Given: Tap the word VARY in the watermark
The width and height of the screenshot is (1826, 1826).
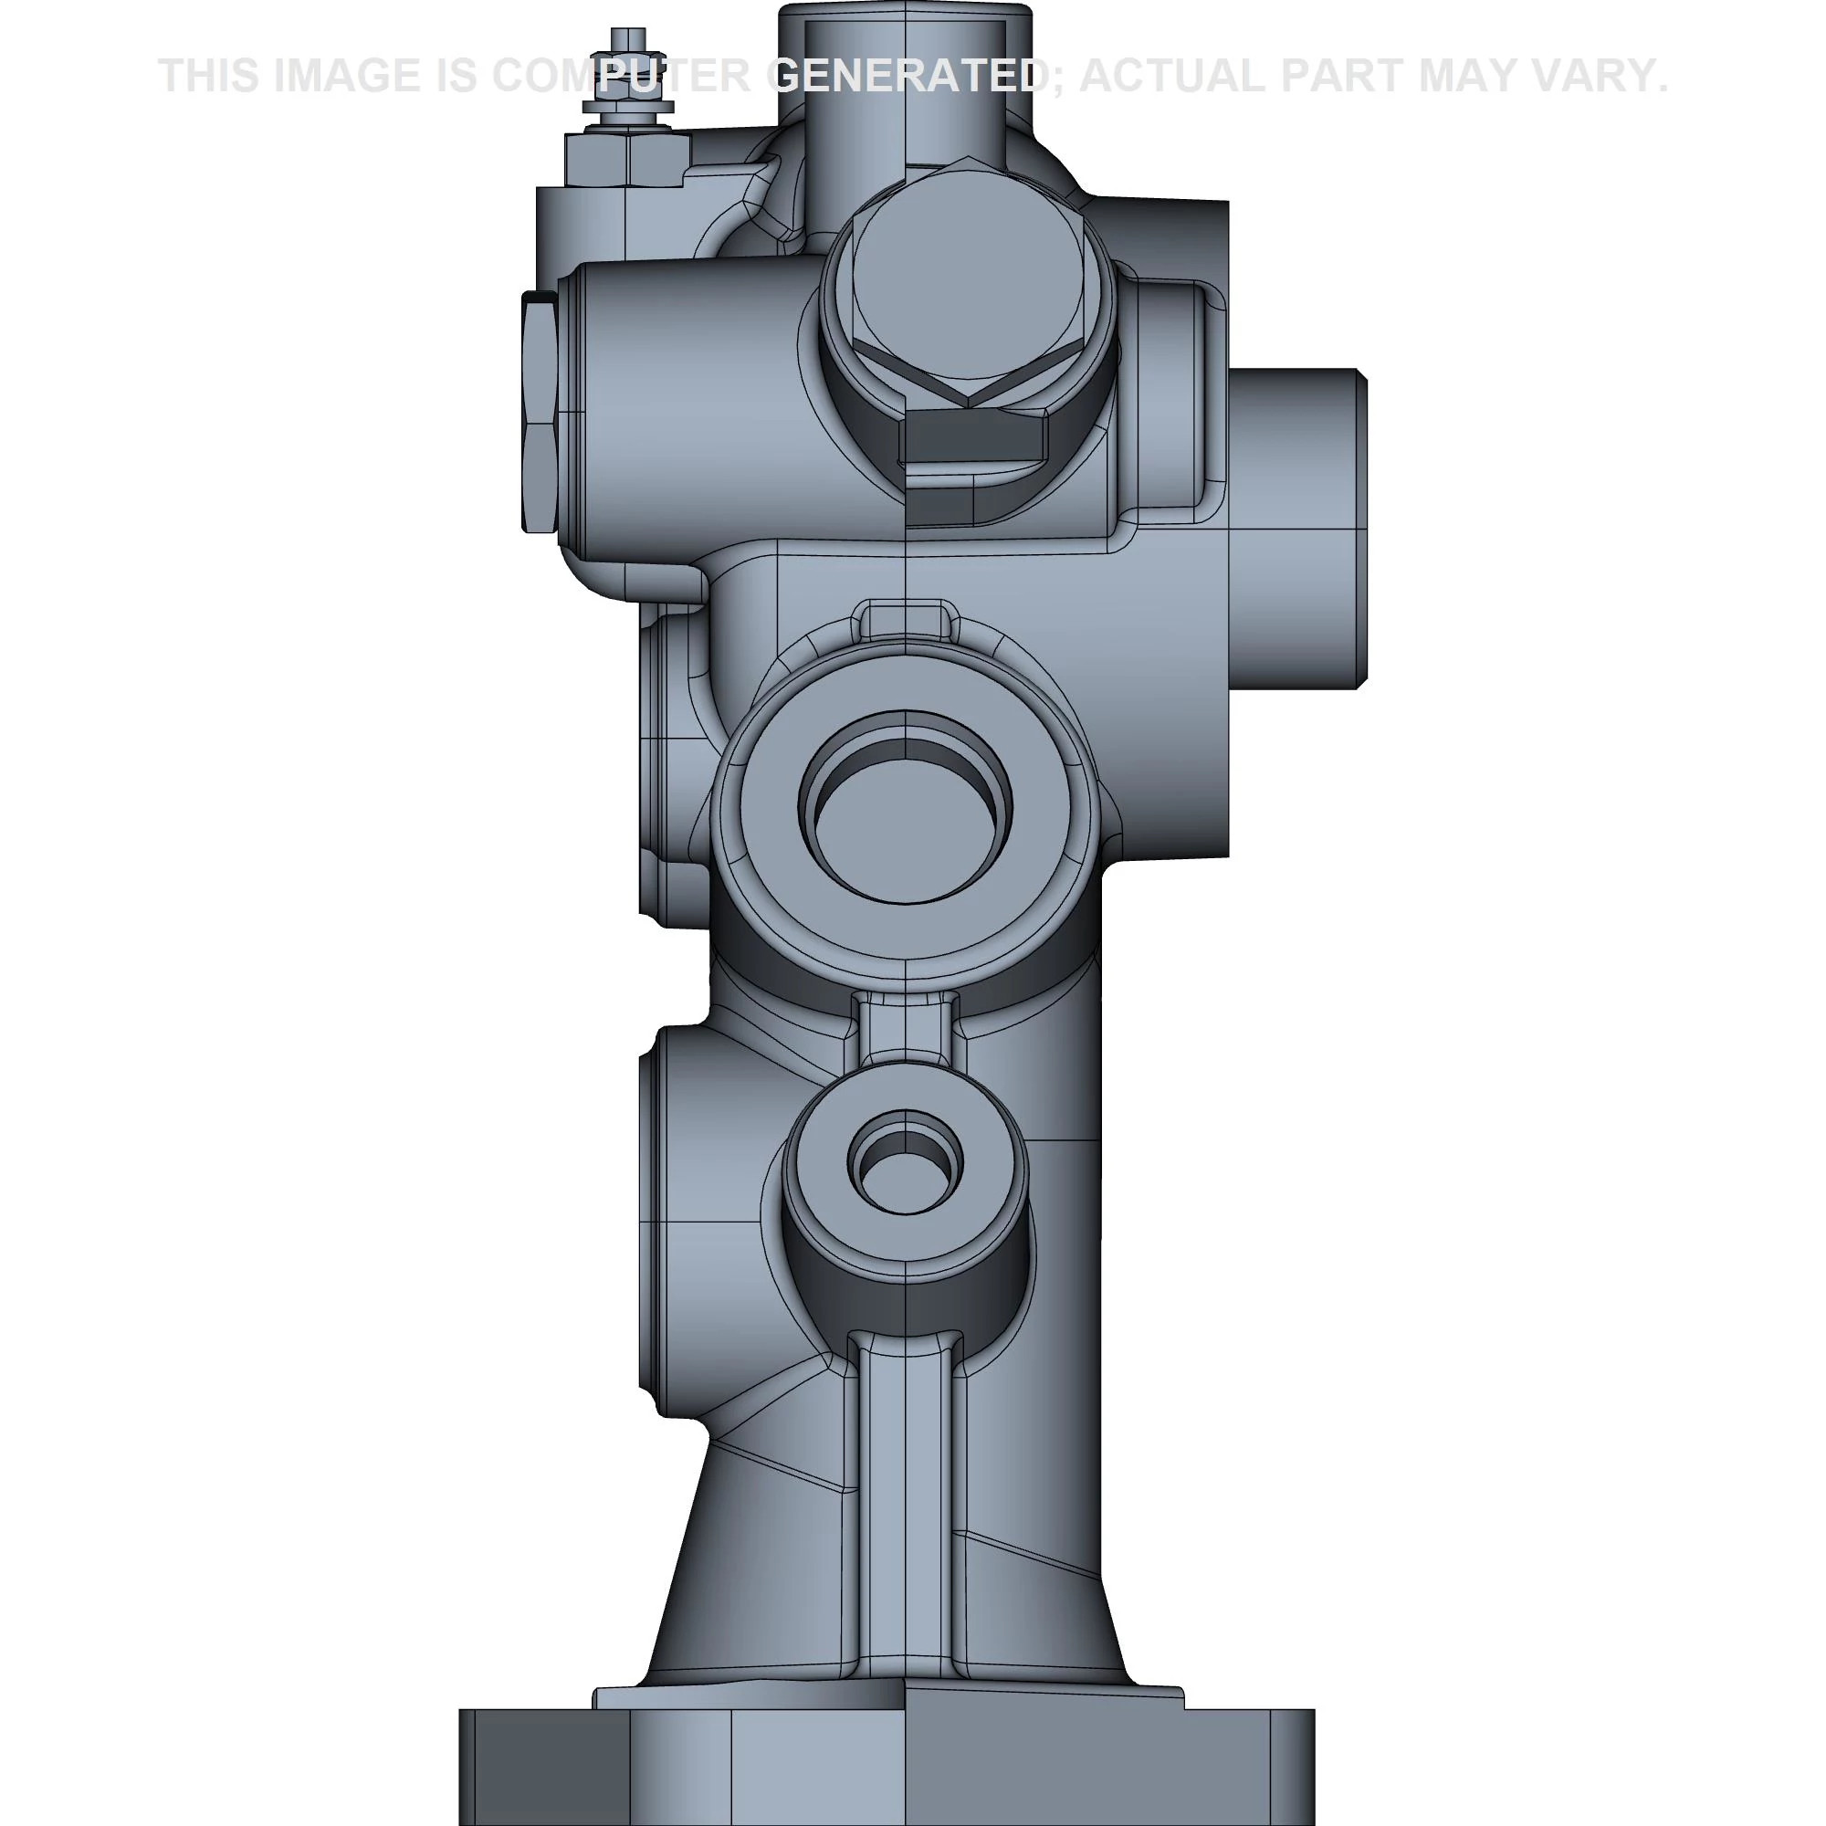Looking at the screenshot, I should coord(1588,76).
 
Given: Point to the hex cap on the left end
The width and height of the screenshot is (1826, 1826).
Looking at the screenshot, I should coord(539,411).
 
